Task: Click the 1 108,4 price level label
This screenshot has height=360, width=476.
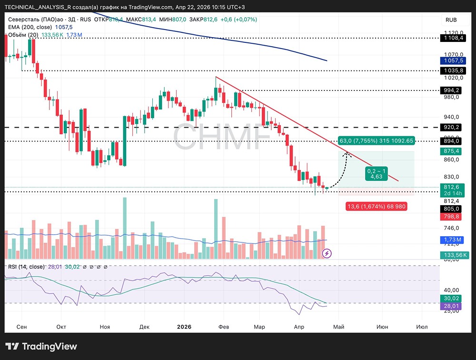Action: [451, 37]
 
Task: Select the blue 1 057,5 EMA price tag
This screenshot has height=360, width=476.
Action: [451, 60]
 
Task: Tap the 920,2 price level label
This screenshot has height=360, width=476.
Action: [451, 127]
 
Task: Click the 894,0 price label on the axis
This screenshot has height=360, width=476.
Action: [451, 141]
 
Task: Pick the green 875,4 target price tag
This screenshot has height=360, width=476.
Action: [451, 151]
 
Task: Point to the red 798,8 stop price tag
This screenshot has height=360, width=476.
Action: [451, 217]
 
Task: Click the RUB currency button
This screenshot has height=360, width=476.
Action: [451, 20]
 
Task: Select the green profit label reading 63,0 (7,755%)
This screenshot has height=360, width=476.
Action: [376, 141]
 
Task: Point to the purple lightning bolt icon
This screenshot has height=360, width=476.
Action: [327, 253]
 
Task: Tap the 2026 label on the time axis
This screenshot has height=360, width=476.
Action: [184, 327]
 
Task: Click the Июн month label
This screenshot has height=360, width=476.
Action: [382, 327]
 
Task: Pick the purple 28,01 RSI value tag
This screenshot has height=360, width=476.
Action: [451, 306]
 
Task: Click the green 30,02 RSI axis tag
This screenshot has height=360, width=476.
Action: [451, 299]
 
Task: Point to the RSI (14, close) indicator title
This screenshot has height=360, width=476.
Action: [26, 267]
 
